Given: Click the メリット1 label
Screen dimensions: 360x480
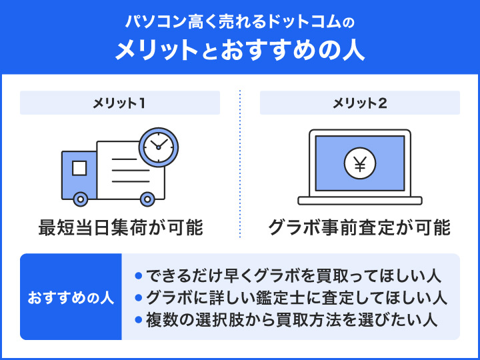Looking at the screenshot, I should click(x=120, y=103).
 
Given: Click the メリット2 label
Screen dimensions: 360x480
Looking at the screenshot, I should click(x=360, y=103).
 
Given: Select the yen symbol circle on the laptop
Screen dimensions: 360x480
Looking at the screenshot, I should click(x=360, y=164).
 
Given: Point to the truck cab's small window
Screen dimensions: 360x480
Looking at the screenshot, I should click(x=79, y=167).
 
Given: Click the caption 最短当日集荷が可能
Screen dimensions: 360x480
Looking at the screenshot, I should click(x=120, y=227).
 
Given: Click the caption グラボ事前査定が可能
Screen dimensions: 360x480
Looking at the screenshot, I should click(x=360, y=227).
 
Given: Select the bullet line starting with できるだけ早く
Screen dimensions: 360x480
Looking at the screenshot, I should click(x=293, y=275).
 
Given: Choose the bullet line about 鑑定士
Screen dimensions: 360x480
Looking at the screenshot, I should click(x=293, y=297).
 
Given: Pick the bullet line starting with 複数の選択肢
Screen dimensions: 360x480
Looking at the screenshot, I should click(x=293, y=319).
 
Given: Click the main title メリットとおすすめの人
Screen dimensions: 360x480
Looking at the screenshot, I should click(x=240, y=51).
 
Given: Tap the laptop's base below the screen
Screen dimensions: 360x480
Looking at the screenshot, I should click(x=360, y=200).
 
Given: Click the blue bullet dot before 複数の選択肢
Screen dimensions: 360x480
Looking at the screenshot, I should click(x=139, y=319).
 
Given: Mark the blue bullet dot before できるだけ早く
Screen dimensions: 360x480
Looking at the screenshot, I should click(x=139, y=275).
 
